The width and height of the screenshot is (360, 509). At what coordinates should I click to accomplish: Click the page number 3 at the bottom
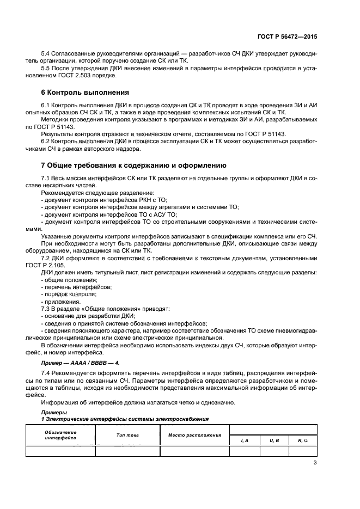pos(315,463)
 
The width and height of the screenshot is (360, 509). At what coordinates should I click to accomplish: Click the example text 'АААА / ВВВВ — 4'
pos(94,362)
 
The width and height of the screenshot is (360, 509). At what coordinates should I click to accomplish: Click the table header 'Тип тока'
pos(127,435)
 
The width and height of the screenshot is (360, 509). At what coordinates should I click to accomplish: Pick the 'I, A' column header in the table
pos(244,439)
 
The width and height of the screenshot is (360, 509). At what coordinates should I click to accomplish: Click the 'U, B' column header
pos(274,439)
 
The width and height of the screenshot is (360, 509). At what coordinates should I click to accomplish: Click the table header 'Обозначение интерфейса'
pos(60,435)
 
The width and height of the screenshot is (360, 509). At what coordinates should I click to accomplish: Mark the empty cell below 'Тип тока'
pos(127,451)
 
